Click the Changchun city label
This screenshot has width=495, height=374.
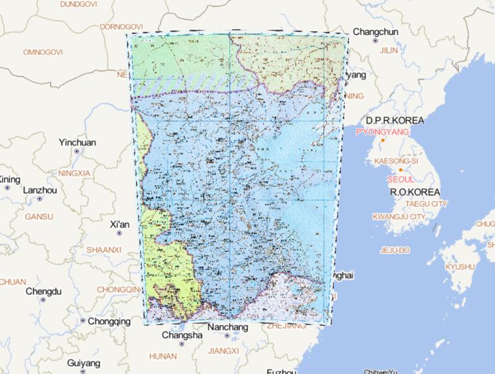point(376,32)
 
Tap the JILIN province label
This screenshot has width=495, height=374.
point(389,50)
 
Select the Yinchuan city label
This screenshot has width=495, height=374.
point(77,143)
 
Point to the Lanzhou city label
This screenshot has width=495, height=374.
point(40,191)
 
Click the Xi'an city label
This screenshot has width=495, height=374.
point(120,224)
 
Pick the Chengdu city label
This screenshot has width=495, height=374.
point(43,291)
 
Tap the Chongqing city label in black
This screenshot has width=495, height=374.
point(109,321)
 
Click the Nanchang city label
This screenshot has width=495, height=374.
point(228,328)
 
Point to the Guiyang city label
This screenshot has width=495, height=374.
point(83,363)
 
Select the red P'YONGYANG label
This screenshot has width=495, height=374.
point(382,132)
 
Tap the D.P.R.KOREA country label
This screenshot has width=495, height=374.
point(395,121)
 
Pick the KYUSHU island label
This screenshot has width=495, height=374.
point(460,266)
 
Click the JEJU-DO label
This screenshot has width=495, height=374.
point(396,250)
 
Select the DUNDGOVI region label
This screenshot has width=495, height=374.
point(78,4)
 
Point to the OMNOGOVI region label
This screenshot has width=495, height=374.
point(43,52)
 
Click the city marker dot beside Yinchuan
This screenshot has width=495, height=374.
point(77,152)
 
